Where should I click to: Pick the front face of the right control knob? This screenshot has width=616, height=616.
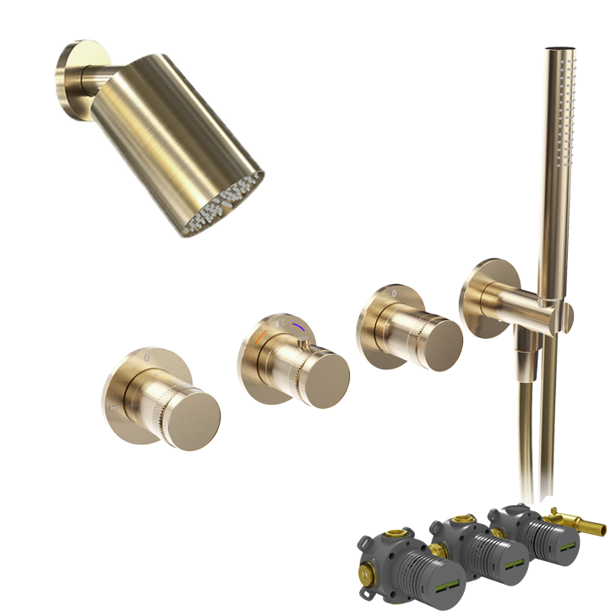[432, 341]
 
